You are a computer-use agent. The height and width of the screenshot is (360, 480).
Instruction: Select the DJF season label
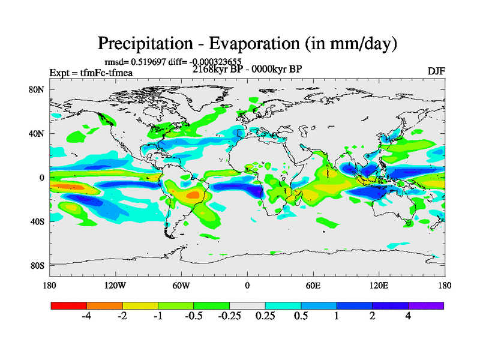[436, 71]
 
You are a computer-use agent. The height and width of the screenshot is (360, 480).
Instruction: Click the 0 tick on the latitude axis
[42, 178]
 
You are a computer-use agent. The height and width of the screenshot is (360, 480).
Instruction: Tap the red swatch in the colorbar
[69, 305]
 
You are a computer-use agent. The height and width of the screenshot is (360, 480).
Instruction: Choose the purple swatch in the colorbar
[426, 305]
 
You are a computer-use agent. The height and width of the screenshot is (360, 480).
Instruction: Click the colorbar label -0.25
[229, 316]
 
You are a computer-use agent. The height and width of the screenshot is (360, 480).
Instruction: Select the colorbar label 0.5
[301, 316]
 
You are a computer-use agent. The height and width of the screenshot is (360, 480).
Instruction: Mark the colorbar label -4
[86, 316]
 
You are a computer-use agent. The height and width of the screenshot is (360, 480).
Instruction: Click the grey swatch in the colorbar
[247, 305]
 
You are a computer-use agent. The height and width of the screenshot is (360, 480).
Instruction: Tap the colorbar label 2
[373, 316]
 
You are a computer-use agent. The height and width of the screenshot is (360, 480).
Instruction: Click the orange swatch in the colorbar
[104, 305]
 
